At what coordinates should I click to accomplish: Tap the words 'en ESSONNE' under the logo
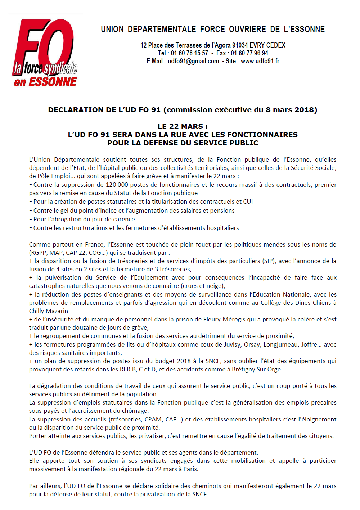[45, 82]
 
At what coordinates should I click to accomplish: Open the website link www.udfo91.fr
[260, 61]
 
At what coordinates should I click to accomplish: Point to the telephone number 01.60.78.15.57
[189, 53]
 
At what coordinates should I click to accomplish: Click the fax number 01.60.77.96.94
[249, 53]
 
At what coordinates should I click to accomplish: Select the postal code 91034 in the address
[240, 45]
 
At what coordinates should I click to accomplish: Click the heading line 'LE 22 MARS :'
[183, 126]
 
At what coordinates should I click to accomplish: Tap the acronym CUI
[248, 202]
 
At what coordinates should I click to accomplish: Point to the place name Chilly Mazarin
[49, 311]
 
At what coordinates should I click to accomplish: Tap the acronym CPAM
[154, 419]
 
